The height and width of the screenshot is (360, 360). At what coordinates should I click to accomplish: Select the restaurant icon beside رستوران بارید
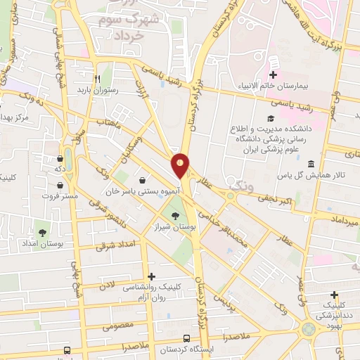click(99, 79)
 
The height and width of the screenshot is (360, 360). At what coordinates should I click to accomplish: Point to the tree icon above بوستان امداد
click(41, 231)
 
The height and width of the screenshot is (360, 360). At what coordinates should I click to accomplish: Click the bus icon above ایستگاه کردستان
click(186, 337)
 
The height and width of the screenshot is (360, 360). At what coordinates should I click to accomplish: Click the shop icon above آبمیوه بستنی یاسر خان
click(143, 180)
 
